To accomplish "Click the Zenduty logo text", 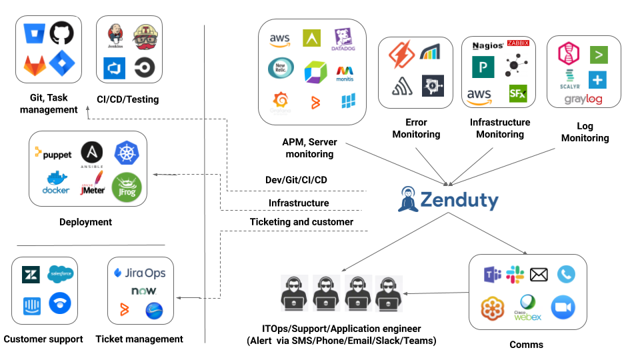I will [x=459, y=200].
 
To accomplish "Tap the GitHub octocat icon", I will [x=62, y=33].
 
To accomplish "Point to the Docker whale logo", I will [x=56, y=182].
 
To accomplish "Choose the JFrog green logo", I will [x=126, y=186].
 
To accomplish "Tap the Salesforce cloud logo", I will [x=61, y=273].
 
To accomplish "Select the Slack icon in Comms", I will [x=515, y=274].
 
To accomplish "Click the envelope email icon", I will [x=539, y=274].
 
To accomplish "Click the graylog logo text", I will [x=583, y=99].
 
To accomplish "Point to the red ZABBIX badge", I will [x=518, y=43].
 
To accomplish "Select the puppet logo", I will [x=53, y=155].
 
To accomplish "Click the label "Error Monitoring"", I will [x=416, y=128].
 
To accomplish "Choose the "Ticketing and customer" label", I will [x=301, y=221].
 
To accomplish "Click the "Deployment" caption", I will [x=85, y=222].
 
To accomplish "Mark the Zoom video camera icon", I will [x=563, y=307].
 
